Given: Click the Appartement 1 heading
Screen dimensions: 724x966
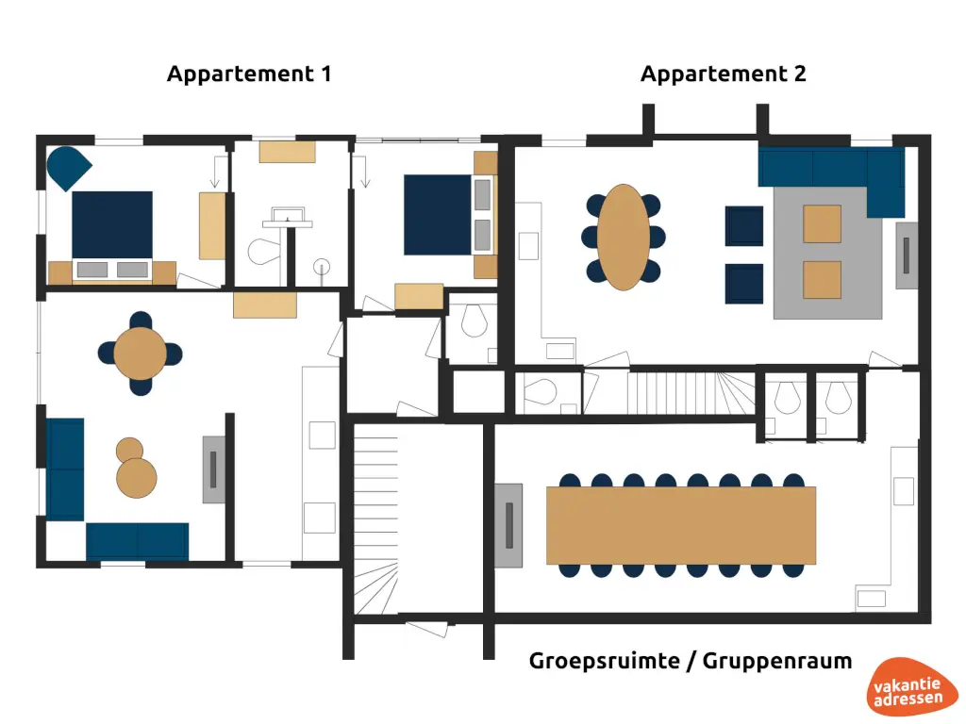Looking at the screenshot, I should (x=249, y=74).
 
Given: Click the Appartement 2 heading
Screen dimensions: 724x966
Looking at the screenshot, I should (x=724, y=74).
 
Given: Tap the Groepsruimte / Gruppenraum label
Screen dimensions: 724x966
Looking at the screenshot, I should (x=691, y=661).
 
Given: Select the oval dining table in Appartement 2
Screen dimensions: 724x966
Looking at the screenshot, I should (x=624, y=237).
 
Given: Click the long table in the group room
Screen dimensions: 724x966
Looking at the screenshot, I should (x=680, y=525).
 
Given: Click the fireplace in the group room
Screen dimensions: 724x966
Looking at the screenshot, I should (x=508, y=525).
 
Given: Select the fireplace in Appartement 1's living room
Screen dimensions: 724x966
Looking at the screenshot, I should (x=214, y=469).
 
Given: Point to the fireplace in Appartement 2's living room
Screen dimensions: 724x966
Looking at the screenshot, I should (x=906, y=255).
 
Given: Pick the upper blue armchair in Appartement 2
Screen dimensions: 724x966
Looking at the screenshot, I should (x=744, y=225).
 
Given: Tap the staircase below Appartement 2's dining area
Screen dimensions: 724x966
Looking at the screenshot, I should (x=692, y=391).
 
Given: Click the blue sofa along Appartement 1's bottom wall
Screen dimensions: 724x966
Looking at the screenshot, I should (x=137, y=541).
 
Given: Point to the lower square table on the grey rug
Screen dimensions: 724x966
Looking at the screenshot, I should (x=822, y=279).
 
